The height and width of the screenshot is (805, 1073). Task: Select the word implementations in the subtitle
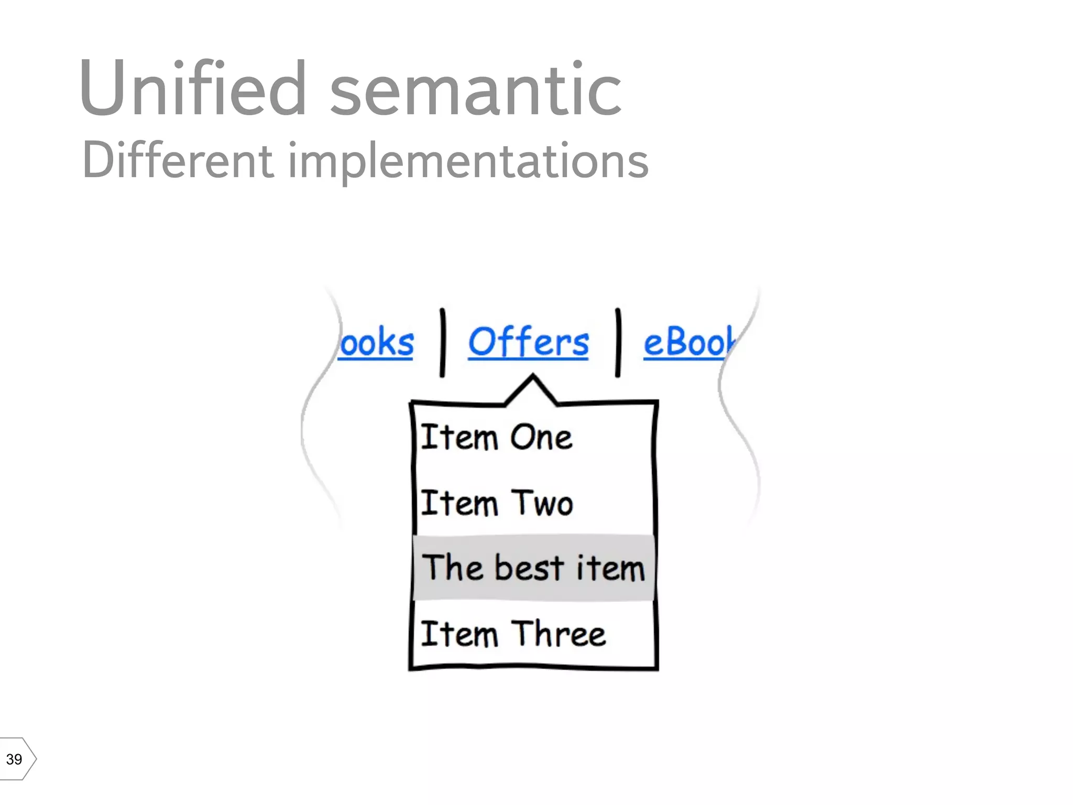pyautogui.click(x=468, y=162)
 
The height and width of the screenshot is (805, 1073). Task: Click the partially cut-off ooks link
pyautogui.click(x=376, y=343)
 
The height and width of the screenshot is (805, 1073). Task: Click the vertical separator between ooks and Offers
pyautogui.click(x=443, y=343)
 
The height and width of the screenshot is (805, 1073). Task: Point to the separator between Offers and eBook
pyautogui.click(x=618, y=343)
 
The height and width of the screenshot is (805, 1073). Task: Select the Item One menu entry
pyautogui.click(x=496, y=438)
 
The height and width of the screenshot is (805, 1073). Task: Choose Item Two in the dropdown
pyautogui.click(x=496, y=503)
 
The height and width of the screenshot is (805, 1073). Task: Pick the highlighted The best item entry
pyautogui.click(x=533, y=568)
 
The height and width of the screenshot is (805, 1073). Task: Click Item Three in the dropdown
pyautogui.click(x=512, y=634)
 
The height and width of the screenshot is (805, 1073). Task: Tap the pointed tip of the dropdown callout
pyautogui.click(x=533, y=376)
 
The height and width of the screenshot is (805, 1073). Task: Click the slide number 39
pyautogui.click(x=14, y=759)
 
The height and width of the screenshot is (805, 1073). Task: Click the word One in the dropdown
pyautogui.click(x=541, y=438)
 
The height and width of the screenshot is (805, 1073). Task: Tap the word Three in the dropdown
pyautogui.click(x=558, y=634)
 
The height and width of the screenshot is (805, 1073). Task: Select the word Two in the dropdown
pyautogui.click(x=542, y=503)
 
